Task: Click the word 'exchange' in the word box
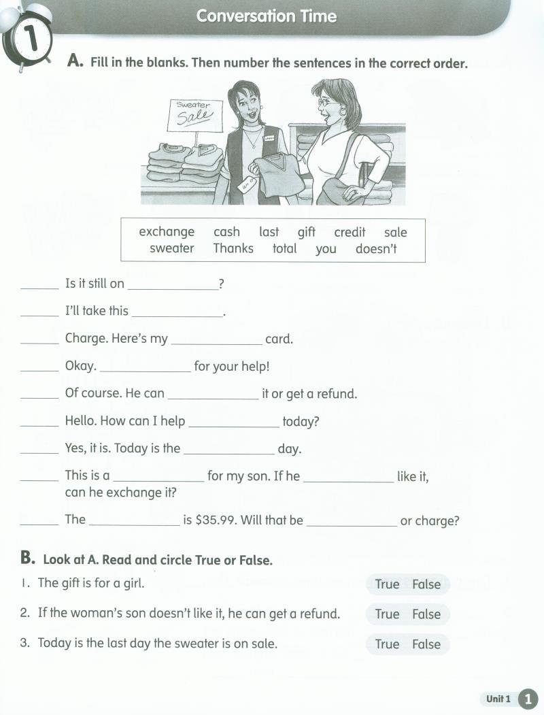167,232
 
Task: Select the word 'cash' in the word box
226,232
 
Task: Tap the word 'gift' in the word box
306,232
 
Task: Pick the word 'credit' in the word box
350,232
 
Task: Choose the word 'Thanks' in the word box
233,248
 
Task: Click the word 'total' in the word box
284,248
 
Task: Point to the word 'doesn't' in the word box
376,248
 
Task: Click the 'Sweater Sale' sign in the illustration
194,114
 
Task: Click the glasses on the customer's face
326,101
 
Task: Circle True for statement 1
387,584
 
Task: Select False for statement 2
426,614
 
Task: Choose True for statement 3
387,644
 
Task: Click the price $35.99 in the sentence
216,520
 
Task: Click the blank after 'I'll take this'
177,313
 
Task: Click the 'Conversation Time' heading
267,16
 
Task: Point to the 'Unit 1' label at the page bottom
498,699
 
